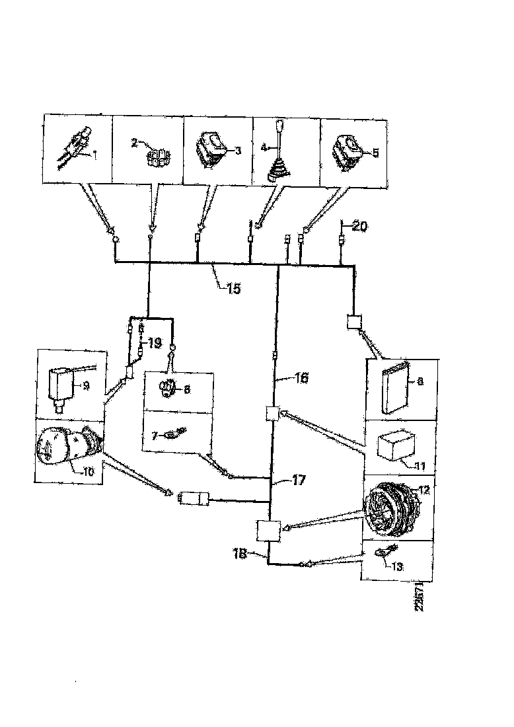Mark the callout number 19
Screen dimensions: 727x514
(x=153, y=343)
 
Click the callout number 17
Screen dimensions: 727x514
(x=298, y=480)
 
